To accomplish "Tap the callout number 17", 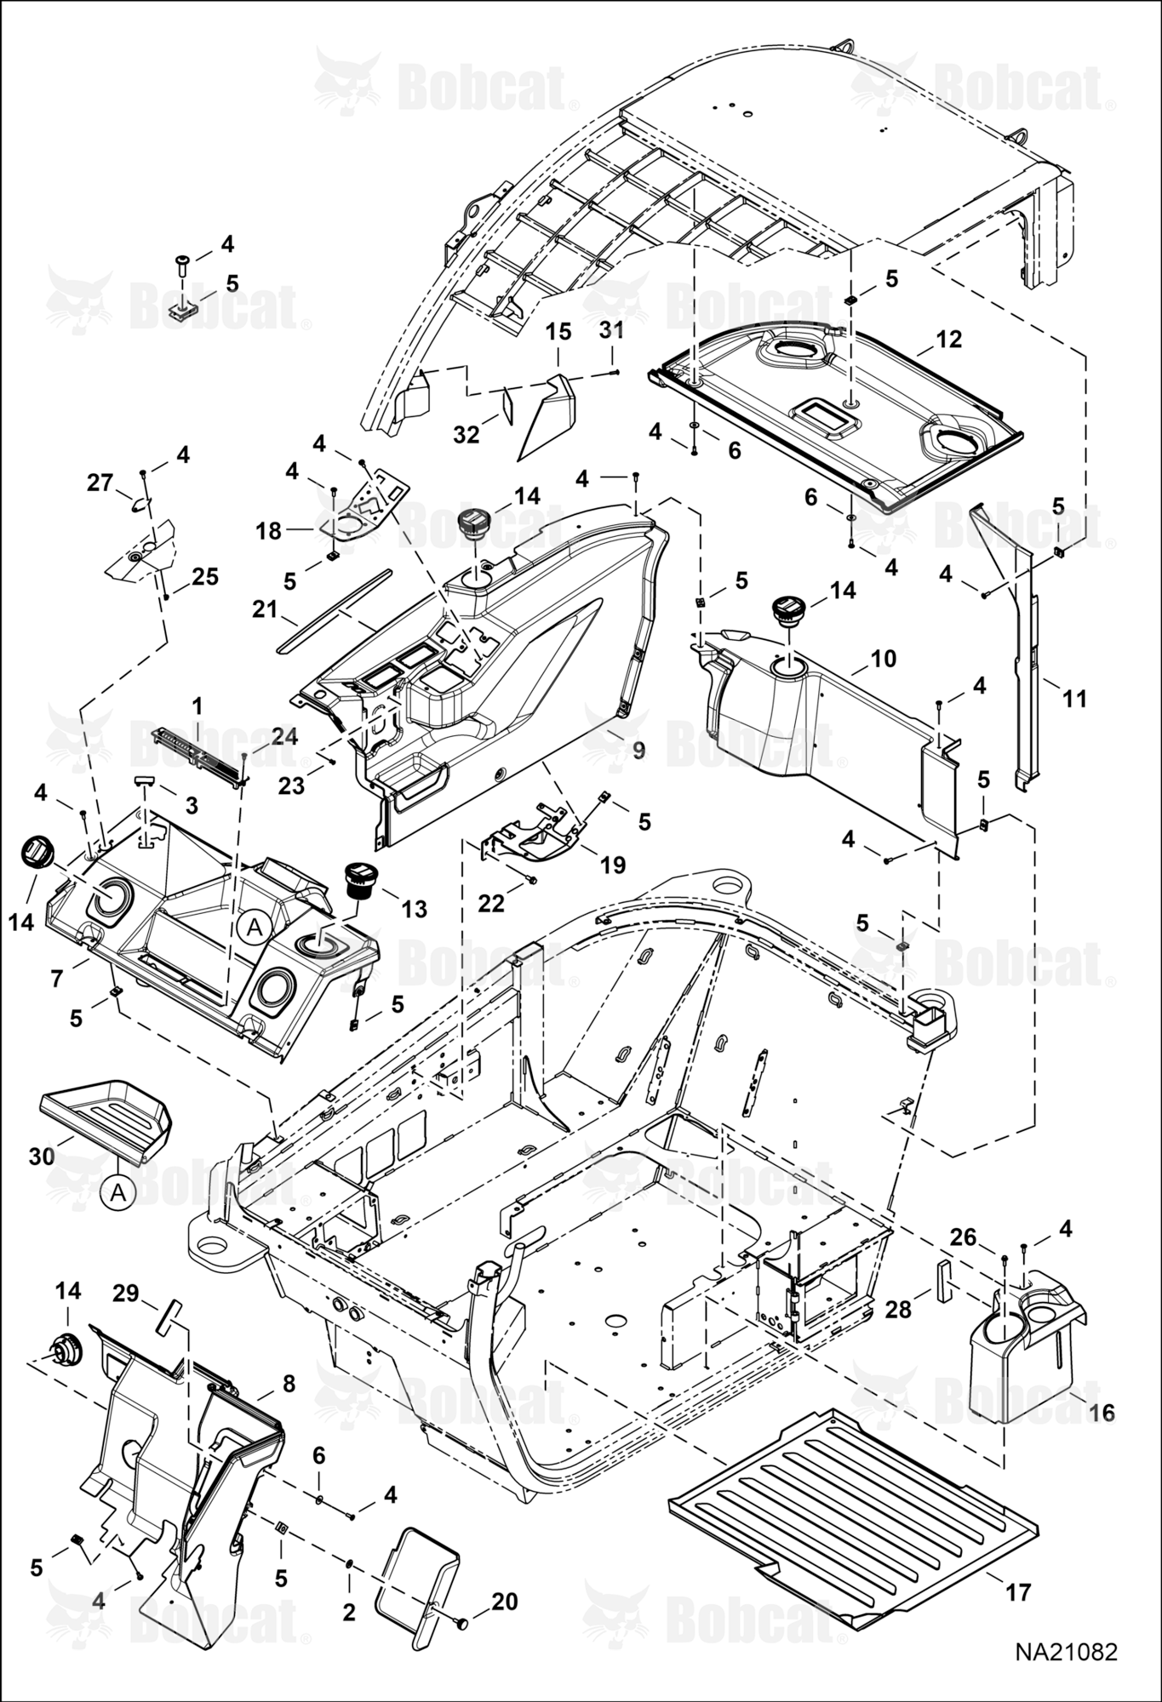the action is click(1019, 1591).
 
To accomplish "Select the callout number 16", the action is click(1102, 1413).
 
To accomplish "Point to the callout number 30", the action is click(42, 1157).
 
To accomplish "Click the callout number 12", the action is click(948, 339).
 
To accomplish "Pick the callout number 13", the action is click(414, 909).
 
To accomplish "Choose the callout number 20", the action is click(504, 1602).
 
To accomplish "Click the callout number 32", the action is click(467, 435).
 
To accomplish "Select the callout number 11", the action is click(1075, 699).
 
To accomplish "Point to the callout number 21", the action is click(266, 609).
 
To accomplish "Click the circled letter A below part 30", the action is click(118, 1194).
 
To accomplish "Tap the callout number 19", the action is click(613, 865).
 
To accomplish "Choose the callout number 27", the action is click(100, 483).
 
